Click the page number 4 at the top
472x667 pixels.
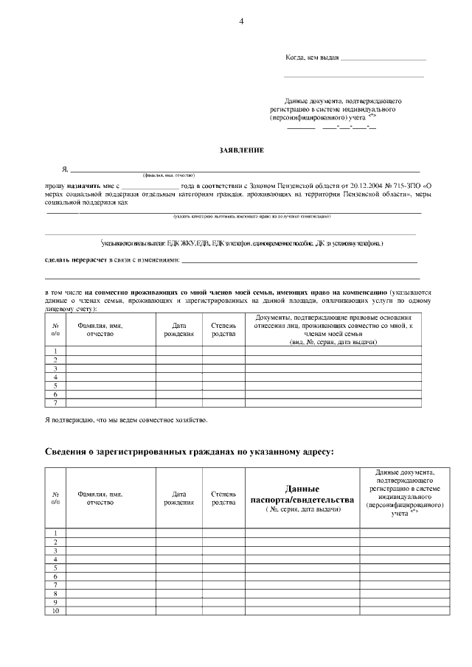241,21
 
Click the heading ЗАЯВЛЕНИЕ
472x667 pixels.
241,150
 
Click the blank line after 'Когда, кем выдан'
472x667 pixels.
383,59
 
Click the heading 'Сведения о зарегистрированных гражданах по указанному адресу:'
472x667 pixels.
190,452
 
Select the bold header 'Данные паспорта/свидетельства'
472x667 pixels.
302,494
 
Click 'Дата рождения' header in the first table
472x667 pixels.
178,329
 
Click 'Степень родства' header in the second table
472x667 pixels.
223,498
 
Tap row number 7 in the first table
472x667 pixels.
55,402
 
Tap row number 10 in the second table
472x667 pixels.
55,610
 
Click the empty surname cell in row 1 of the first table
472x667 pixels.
111,350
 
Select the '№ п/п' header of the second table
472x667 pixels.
55,498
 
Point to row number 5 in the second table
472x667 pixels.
55,568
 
